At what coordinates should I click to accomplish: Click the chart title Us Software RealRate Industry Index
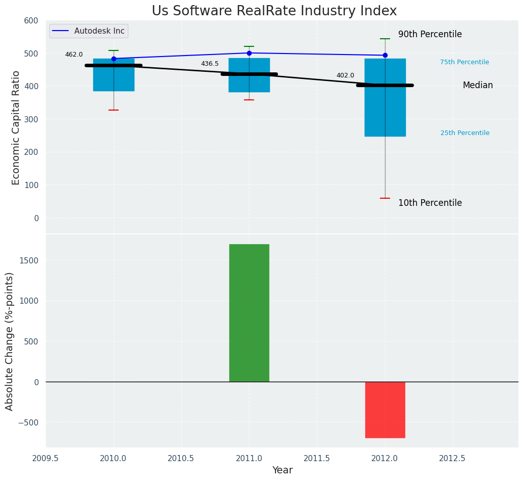pos(274,11)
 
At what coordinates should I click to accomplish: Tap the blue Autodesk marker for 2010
pos(114,59)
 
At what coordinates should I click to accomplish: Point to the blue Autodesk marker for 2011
pos(249,53)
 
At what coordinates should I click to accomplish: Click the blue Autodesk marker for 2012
pos(385,55)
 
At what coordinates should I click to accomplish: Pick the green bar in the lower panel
pos(249,313)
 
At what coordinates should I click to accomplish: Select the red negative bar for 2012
pos(385,410)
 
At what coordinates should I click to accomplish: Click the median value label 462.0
pos(74,55)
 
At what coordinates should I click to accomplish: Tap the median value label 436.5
pos(210,64)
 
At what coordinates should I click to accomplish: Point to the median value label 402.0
pos(345,75)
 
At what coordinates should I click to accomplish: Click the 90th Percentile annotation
pos(430,35)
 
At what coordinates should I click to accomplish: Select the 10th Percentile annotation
pos(430,203)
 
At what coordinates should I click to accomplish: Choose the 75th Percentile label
pos(464,62)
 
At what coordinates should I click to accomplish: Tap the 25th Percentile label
pos(465,133)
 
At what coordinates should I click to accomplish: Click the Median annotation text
pos(478,86)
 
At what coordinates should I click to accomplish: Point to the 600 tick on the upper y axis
pos(31,20)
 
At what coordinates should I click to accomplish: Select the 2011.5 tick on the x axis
pos(317,459)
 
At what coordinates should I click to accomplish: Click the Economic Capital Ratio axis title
pos(16,127)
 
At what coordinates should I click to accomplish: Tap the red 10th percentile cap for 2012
pos(385,198)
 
